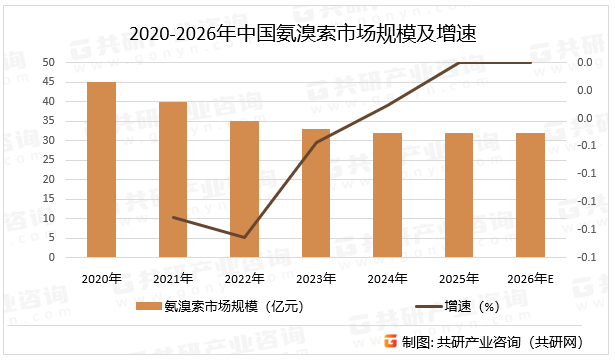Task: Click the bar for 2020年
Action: [102, 169]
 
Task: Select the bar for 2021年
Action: [173, 179]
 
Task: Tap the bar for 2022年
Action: [245, 189]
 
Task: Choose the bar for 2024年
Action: [388, 195]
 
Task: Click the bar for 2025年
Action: [459, 195]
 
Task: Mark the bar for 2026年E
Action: [531, 195]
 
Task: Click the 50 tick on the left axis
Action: [49, 63]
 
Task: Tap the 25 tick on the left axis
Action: [49, 160]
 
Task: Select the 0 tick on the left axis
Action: [52, 257]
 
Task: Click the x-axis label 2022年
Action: [245, 277]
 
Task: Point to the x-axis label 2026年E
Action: [531, 277]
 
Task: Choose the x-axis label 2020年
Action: [102, 277]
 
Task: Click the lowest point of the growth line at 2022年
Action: [245, 238]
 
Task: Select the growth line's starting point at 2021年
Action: [173, 217]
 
